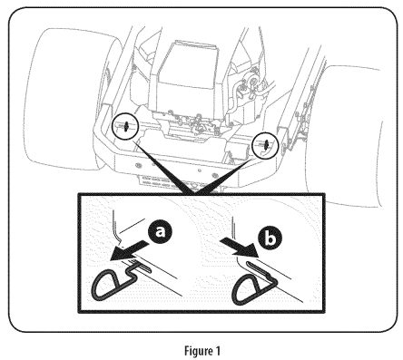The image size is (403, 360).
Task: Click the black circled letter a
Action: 160,232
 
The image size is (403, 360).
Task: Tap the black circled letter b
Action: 270,238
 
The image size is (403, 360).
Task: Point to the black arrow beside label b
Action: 238,248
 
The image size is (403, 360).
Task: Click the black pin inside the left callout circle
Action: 126,126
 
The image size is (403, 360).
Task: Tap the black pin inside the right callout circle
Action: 265,144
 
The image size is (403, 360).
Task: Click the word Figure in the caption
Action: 197,351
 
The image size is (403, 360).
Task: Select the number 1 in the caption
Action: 218,351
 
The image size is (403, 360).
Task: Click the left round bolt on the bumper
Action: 139,165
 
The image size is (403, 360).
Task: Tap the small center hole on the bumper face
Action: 200,170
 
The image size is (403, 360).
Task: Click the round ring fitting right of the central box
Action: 253,81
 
